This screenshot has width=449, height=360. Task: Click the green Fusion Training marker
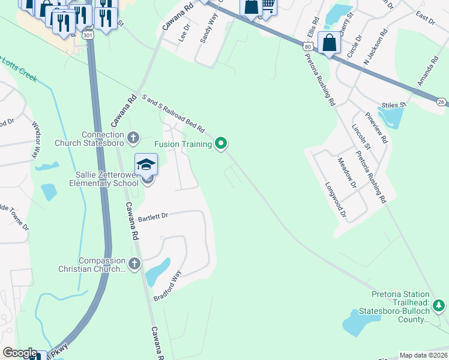pos(221,143)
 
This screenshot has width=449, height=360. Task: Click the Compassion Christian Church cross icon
pos(133,263)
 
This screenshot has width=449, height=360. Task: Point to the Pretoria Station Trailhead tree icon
pos(439,306)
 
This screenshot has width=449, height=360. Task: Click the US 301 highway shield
pos(88,35)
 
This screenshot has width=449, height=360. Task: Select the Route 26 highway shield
pos(441,103)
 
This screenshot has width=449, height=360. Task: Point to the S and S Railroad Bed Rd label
pos(173,113)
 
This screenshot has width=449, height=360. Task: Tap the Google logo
pos(20,353)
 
